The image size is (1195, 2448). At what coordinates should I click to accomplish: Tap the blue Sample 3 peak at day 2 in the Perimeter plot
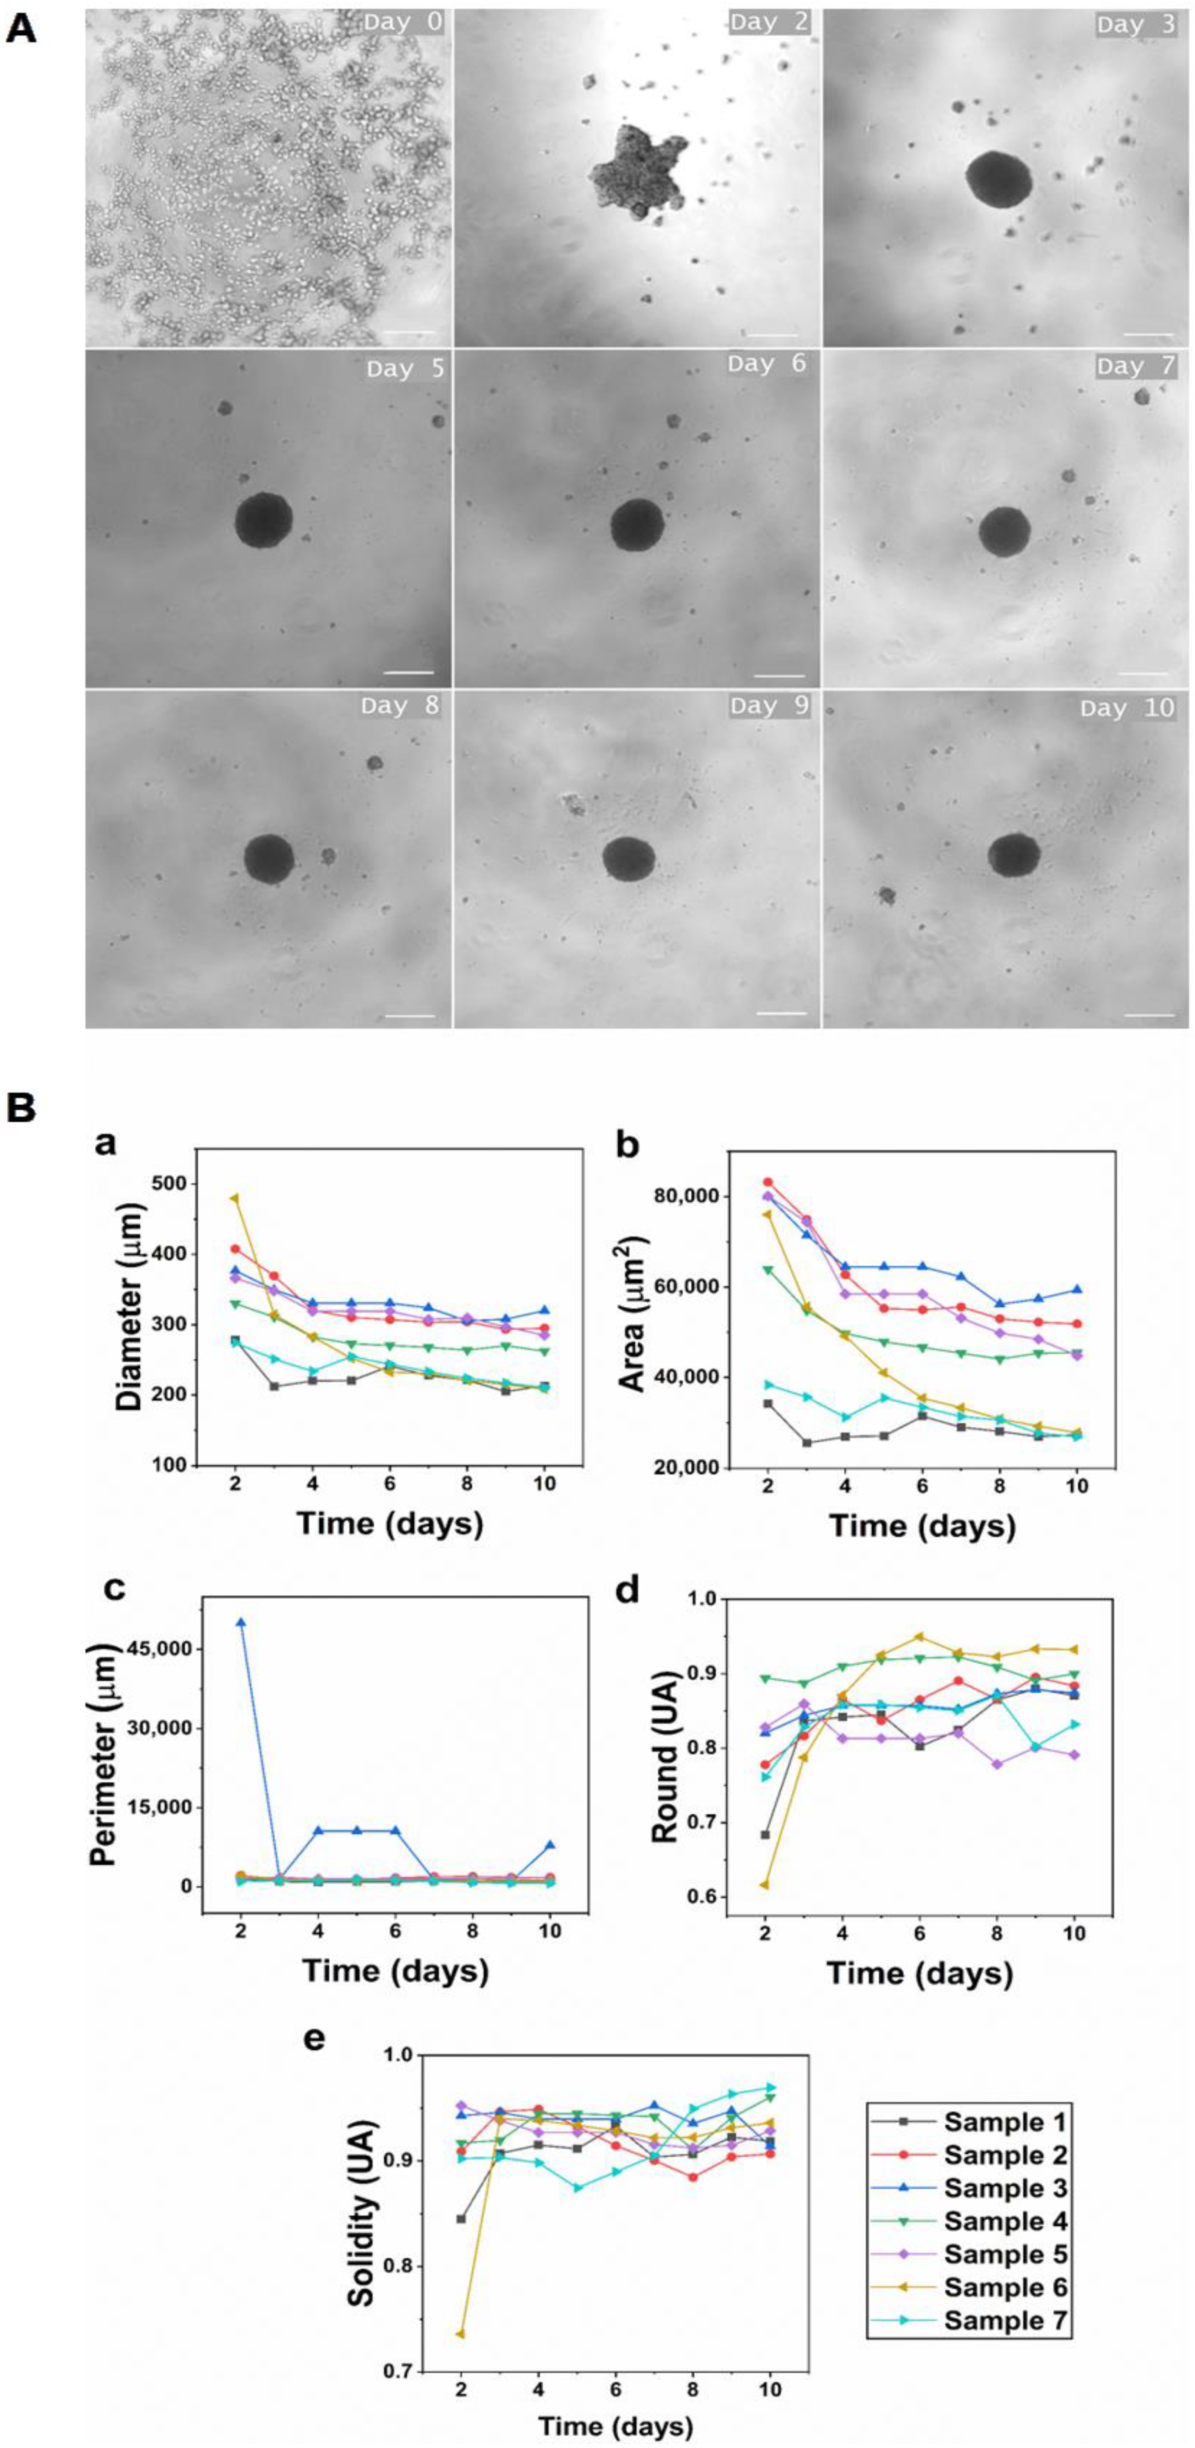click(x=241, y=1622)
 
